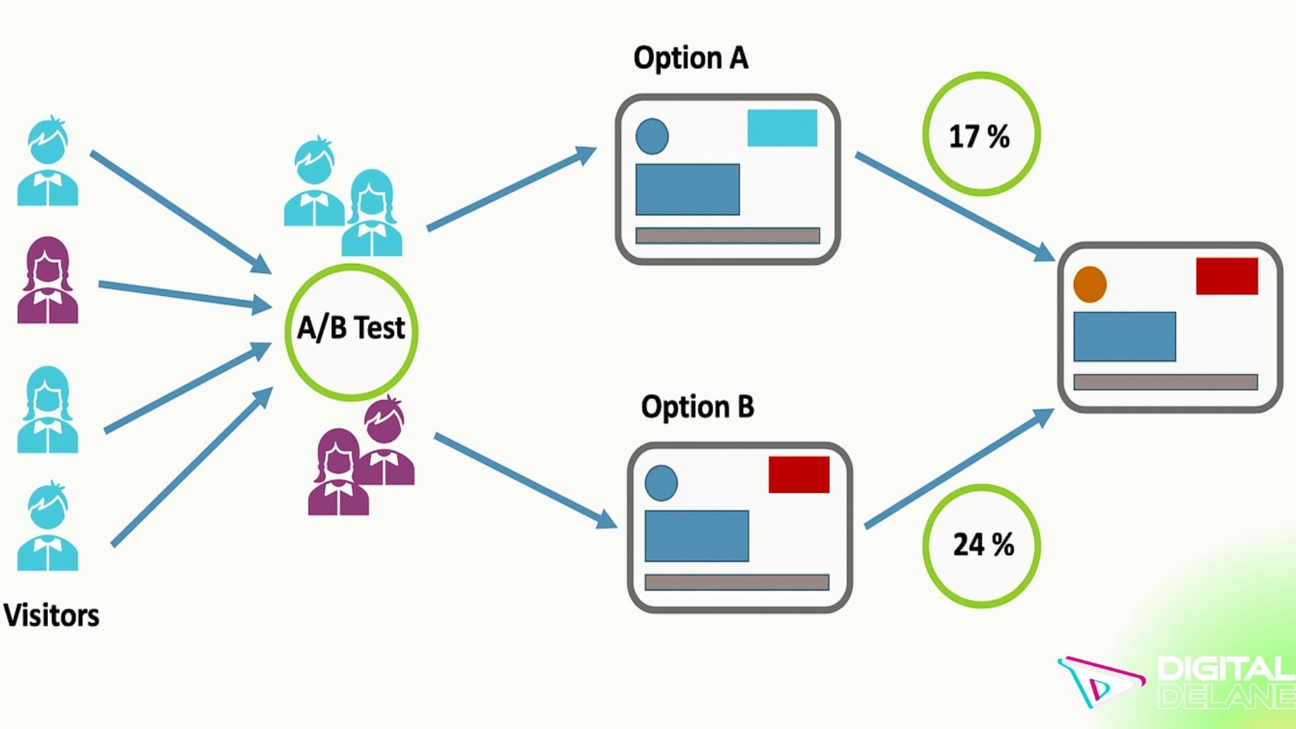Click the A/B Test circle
pos(351,331)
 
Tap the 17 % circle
pos(981,134)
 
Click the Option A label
pos(691,58)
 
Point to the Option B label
pos(697,407)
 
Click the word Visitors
pos(51,616)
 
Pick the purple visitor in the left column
pos(47,280)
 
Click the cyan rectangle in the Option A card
pos(782,128)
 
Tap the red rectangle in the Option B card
pos(799,475)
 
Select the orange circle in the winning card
pos(1089,284)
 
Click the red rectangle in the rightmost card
pos(1226,276)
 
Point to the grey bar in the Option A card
pos(727,236)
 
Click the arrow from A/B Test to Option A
pos(510,189)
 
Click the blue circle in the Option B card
pos(661,483)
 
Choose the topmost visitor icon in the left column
pos(47,162)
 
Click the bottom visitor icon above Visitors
pos(47,526)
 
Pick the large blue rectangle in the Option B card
pos(696,536)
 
